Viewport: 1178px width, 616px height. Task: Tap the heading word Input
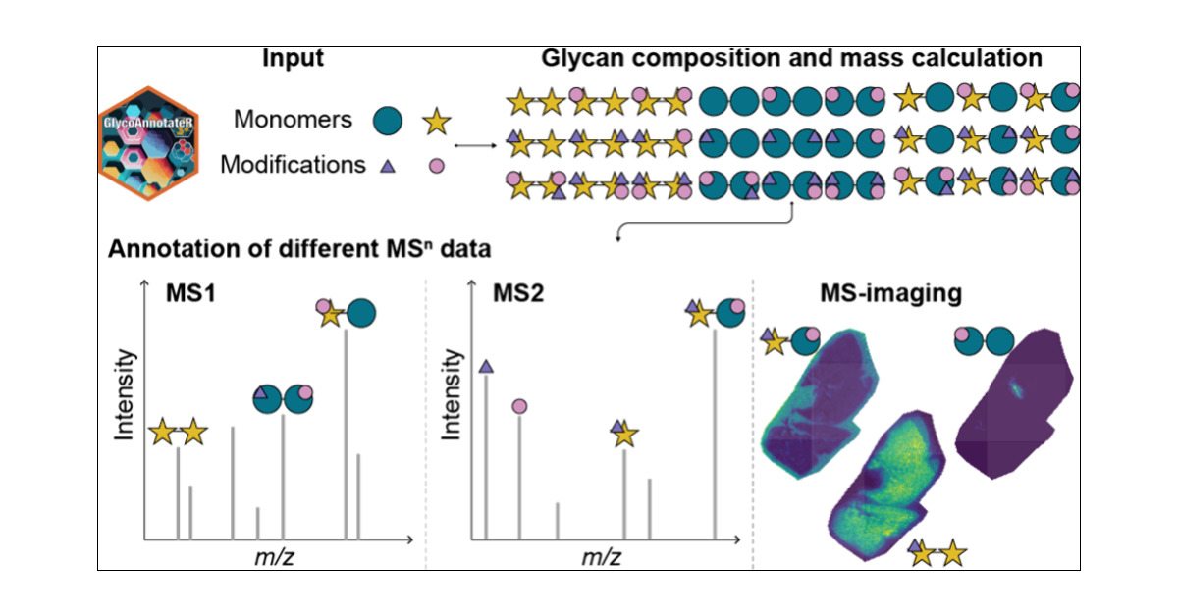pos(294,58)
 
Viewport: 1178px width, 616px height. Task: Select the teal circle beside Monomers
pos(390,120)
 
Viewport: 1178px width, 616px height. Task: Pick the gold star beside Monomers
pos(437,122)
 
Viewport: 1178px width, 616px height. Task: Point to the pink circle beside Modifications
pos(435,166)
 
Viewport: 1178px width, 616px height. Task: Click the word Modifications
pos(293,164)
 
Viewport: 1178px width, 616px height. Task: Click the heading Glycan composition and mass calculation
pos(791,58)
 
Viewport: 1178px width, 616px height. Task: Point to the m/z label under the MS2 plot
pos(601,557)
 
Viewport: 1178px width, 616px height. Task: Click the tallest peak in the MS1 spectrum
pos(346,432)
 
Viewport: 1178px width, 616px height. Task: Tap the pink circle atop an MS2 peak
pos(519,405)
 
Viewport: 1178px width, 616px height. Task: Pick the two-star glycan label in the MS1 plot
pos(178,431)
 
